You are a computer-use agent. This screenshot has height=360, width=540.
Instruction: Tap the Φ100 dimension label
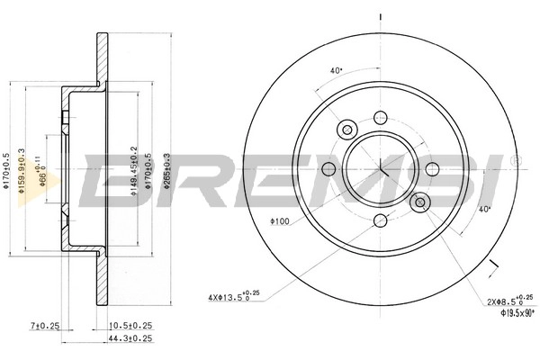coord(281,220)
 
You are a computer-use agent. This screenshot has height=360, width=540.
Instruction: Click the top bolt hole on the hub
coord(381,117)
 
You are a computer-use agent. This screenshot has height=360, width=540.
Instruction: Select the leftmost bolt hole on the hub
coord(328,169)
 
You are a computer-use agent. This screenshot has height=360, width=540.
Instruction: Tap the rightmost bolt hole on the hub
coord(433,169)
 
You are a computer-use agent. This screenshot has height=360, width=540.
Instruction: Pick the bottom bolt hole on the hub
coord(381,221)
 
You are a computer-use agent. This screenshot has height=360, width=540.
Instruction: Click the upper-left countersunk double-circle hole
coord(346,130)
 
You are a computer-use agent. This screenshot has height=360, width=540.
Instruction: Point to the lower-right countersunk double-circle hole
coord(418,202)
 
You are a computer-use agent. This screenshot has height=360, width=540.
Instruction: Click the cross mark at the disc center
coord(381,169)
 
